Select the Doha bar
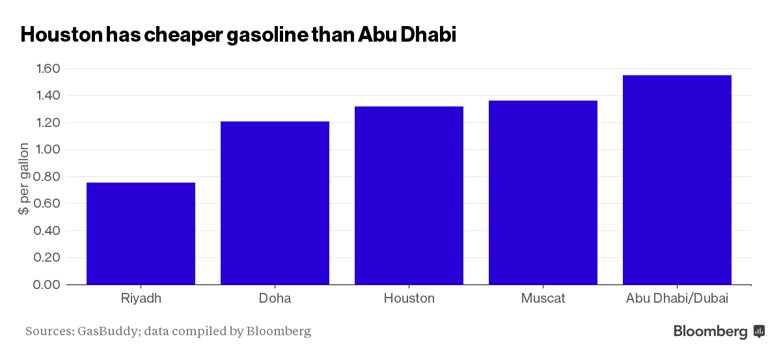point(275,202)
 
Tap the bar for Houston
point(409,195)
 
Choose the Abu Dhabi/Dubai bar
point(677,180)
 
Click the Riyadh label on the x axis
point(141,299)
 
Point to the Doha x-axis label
point(275,299)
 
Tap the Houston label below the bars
point(409,299)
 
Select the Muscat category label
point(543,299)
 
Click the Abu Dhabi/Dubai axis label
point(677,299)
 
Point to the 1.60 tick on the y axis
point(46,69)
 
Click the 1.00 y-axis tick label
point(46,150)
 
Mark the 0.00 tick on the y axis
point(46,284)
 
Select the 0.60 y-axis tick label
point(46,204)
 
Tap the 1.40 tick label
point(46,96)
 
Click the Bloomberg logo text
point(710,331)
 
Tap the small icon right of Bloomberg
point(759,331)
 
